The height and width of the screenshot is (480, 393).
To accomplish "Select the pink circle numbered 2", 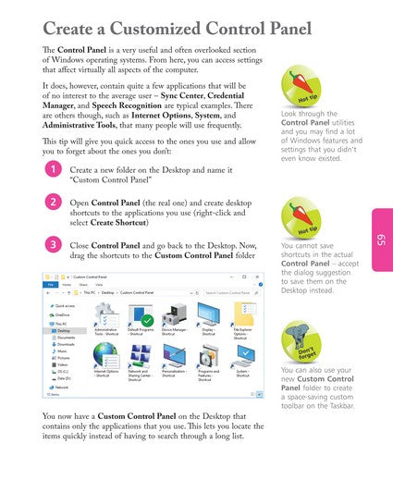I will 55,203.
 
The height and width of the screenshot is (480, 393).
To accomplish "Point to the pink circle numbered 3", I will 55,244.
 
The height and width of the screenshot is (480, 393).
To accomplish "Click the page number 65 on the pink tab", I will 380,240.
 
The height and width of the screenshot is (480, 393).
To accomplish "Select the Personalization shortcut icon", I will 175,356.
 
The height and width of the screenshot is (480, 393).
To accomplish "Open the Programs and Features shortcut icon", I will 208,356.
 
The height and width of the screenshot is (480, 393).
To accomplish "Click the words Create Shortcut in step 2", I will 120,223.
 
